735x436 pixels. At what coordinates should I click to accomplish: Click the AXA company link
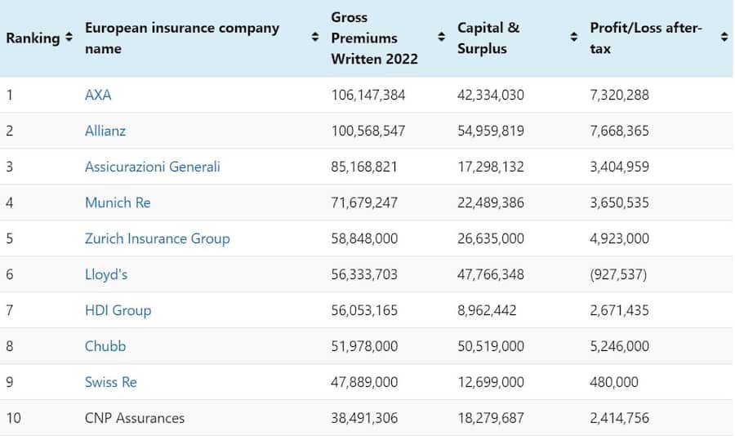(98, 95)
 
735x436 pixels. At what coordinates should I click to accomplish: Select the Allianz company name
(105, 131)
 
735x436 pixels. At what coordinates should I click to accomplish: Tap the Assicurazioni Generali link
(153, 167)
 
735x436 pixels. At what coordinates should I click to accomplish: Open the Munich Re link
(118, 202)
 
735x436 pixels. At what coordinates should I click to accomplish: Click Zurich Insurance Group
(158, 238)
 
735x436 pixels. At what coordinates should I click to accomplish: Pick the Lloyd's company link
(106, 274)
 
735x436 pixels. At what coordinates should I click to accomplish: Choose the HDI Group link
(118, 310)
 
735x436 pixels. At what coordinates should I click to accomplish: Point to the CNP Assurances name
(135, 418)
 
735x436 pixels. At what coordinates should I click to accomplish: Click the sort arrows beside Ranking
(69, 38)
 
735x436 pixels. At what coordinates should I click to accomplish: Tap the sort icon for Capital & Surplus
(573, 38)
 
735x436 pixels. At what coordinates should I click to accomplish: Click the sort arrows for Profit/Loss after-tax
(724, 38)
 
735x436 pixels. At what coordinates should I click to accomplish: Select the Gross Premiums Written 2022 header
(374, 38)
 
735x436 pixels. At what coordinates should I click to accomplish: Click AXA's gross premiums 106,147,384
(368, 95)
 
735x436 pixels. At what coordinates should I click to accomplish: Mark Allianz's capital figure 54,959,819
(491, 131)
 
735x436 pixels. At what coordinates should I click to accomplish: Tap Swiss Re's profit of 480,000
(614, 382)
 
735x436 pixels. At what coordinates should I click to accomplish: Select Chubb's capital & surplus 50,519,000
(491, 346)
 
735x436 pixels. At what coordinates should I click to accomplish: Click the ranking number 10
(14, 418)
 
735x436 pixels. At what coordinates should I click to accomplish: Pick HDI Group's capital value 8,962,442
(487, 310)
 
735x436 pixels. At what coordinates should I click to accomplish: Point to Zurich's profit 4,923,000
(620, 238)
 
